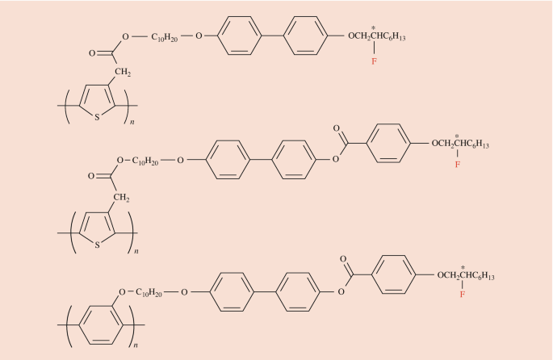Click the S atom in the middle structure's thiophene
(97, 245)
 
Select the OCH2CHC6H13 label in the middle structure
(460, 144)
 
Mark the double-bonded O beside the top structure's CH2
(91, 55)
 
